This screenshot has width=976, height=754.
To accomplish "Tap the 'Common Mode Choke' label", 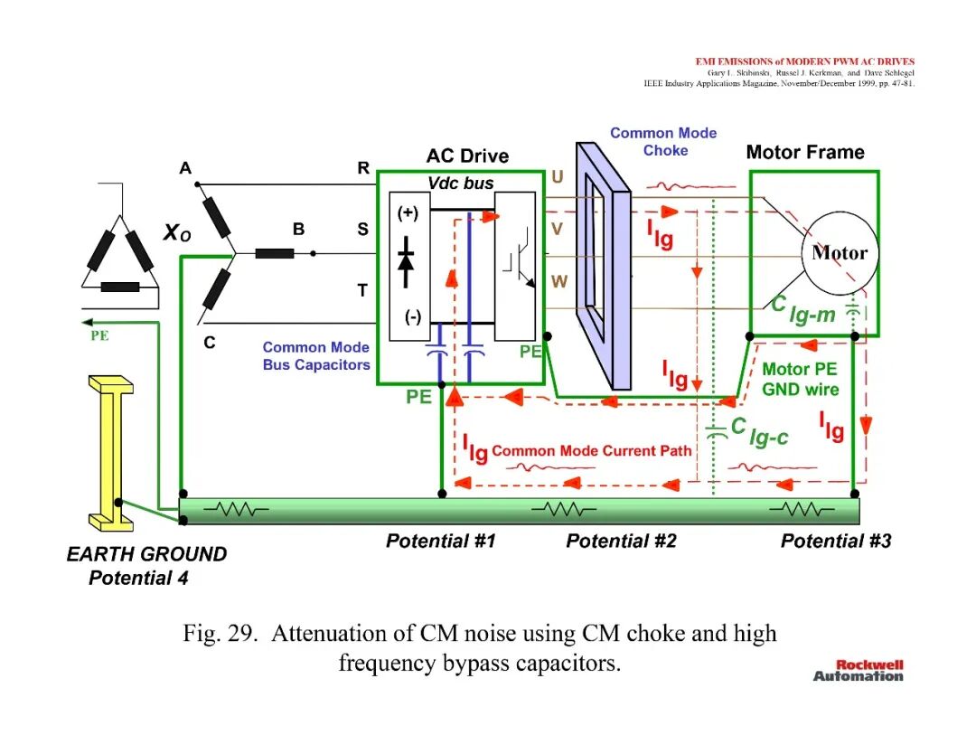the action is click(663, 141).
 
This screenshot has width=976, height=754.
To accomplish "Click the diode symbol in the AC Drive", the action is click(406, 261).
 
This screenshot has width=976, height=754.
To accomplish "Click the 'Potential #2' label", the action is click(621, 541).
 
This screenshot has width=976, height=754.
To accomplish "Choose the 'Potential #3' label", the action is click(836, 541).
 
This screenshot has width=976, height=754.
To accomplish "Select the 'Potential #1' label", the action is click(441, 541).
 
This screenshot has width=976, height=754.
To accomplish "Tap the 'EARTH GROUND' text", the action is click(147, 554).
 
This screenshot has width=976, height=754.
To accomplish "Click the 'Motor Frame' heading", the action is click(805, 152).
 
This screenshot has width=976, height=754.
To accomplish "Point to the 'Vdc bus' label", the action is click(461, 183).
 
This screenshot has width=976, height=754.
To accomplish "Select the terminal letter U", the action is click(557, 177).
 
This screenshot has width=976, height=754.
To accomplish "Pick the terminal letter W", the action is click(559, 281).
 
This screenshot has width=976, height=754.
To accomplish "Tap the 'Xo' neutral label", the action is click(177, 233).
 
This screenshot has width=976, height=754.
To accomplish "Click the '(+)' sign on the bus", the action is click(408, 213).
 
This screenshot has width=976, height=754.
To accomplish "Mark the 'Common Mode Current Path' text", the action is click(591, 451).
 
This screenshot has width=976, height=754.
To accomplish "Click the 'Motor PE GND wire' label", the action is click(801, 379).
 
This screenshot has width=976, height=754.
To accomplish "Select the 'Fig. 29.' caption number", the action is click(220, 633).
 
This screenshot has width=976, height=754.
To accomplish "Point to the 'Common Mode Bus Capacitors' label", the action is click(316, 356).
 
